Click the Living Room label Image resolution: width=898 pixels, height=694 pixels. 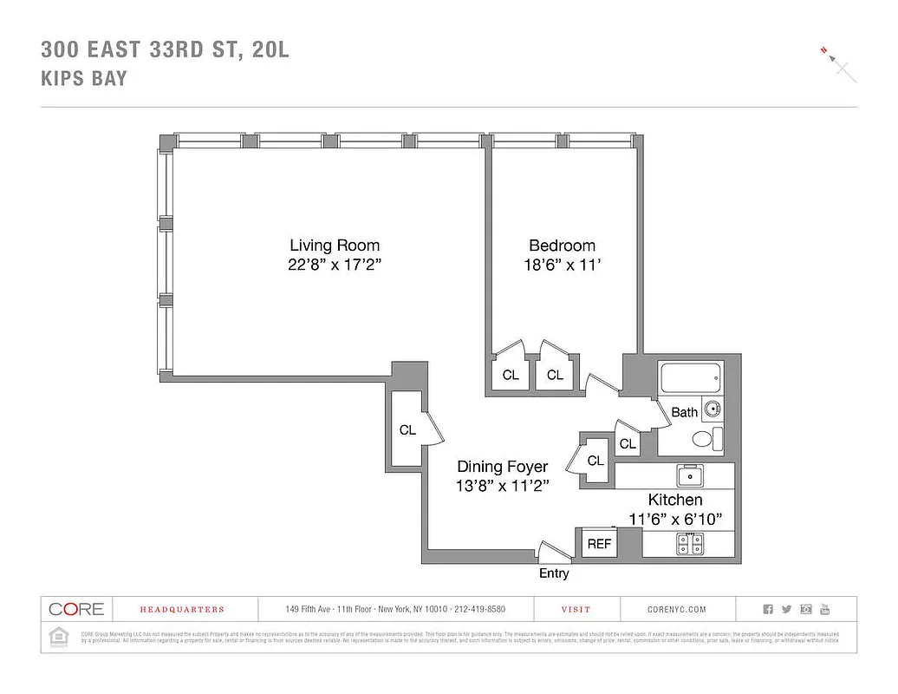(x=335, y=246)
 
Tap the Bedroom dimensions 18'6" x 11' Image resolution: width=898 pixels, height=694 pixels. (x=562, y=266)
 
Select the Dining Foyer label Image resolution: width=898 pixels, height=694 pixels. (x=503, y=467)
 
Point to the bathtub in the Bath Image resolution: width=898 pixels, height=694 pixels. (x=690, y=379)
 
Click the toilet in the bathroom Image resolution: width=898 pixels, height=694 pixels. (x=706, y=439)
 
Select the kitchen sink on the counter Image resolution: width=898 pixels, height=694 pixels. (x=690, y=475)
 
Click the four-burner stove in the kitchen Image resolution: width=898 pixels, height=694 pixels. (x=690, y=544)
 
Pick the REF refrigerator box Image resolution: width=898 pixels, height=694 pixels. (x=600, y=544)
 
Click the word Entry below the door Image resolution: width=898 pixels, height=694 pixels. (x=554, y=573)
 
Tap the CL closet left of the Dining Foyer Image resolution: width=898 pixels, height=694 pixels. (x=407, y=429)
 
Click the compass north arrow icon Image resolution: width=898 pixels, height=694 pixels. (x=836, y=62)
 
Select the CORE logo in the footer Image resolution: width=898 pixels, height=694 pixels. (x=76, y=609)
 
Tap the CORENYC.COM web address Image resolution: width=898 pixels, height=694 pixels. (x=677, y=610)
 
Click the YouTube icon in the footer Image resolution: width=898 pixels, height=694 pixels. (x=825, y=609)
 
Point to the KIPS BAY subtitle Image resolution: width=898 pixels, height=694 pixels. (x=84, y=78)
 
